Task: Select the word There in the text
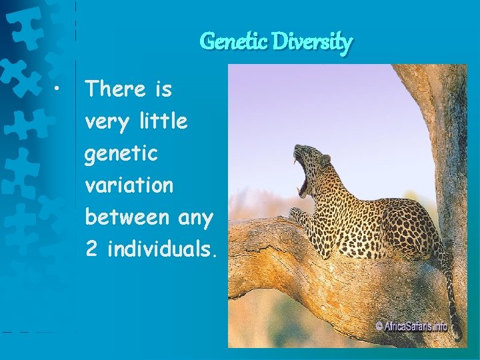(x=115, y=89)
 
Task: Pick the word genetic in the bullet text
(x=121, y=153)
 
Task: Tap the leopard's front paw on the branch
(x=298, y=215)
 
